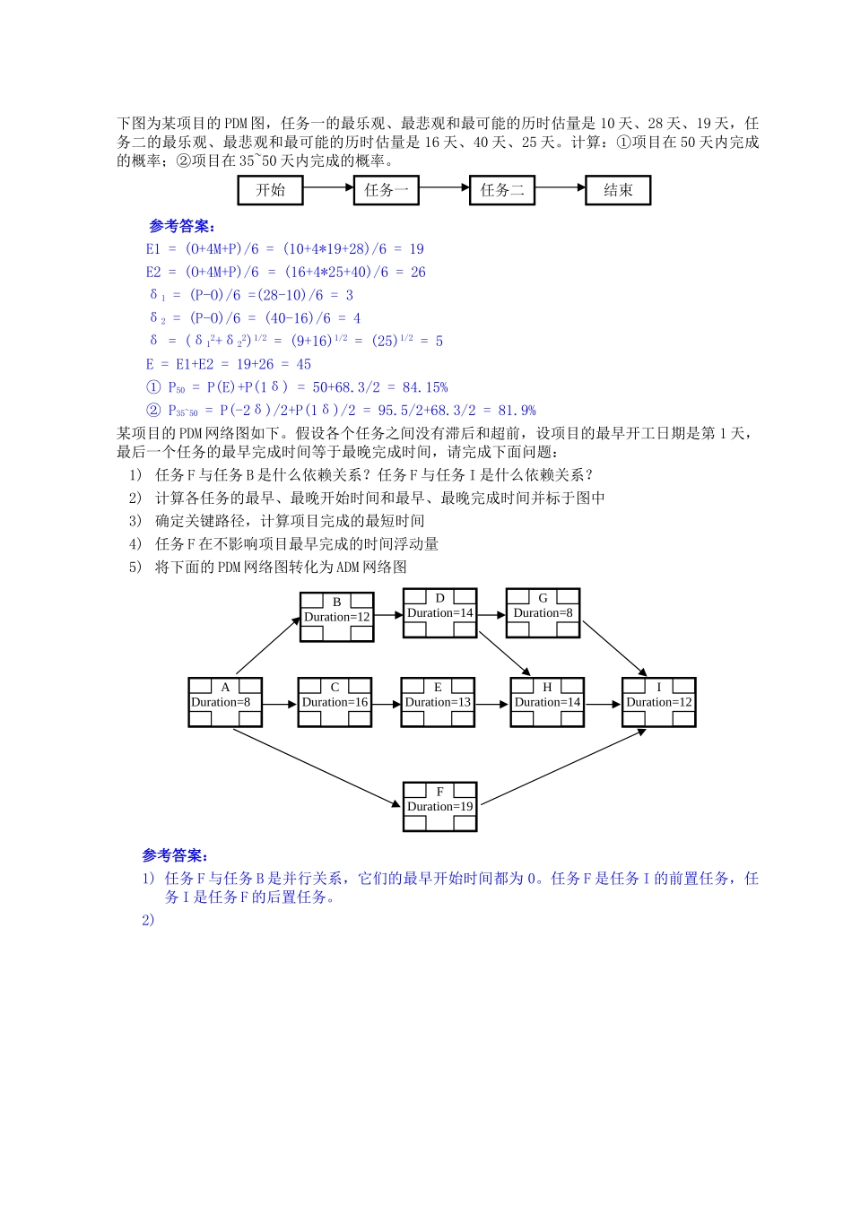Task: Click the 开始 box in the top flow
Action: tap(270, 190)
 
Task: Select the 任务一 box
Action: tap(386, 190)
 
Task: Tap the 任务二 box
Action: tap(501, 190)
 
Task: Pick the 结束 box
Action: tap(617, 190)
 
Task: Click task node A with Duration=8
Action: tap(225, 702)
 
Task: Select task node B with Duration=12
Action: tap(336, 617)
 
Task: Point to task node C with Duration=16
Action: tap(335, 702)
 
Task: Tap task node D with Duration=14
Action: tap(439, 613)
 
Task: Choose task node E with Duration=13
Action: tap(438, 702)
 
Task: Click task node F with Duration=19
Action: tap(439, 806)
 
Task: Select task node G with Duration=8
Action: tap(543, 613)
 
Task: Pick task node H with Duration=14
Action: tap(547, 702)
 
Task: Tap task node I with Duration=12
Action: tap(659, 702)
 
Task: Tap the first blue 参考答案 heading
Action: tap(182, 227)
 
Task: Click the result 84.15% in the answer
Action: tap(425, 387)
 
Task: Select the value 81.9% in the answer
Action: tap(517, 411)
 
